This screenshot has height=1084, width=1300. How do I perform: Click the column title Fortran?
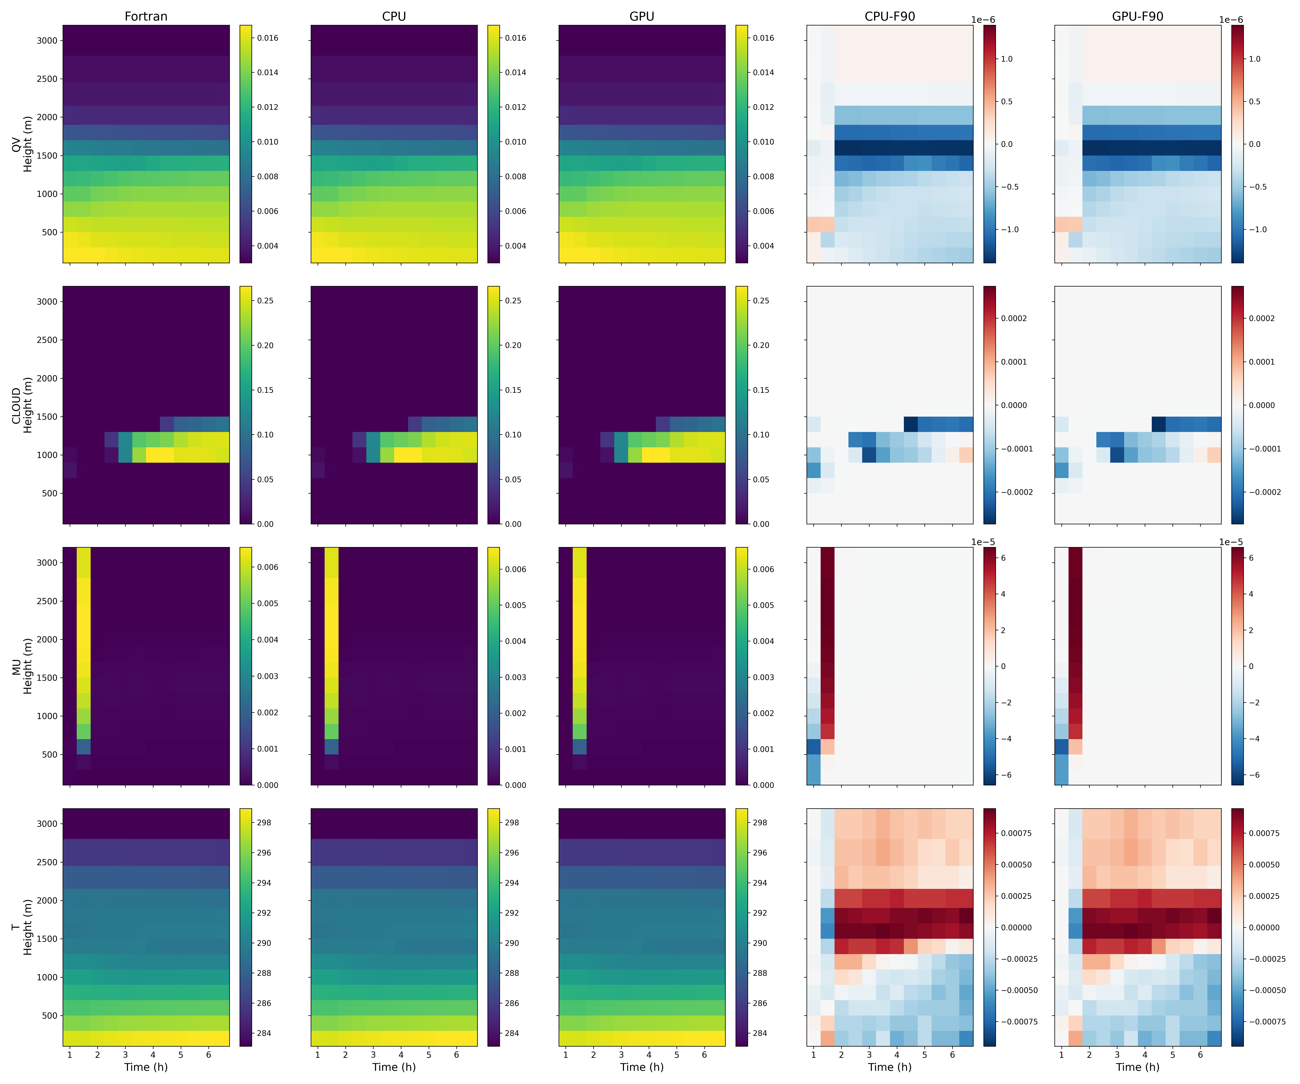[146, 16]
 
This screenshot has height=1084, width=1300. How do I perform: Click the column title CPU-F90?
[890, 16]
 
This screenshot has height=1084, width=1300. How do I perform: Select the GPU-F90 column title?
[1138, 16]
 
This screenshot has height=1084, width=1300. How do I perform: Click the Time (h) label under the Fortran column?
[146, 1067]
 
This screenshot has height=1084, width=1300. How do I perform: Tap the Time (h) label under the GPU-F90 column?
[1138, 1067]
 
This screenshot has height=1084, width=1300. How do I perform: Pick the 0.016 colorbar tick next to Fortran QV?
[268, 38]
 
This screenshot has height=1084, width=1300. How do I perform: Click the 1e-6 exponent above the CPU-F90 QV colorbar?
[983, 20]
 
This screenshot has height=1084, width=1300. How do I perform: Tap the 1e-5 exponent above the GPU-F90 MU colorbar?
[1231, 542]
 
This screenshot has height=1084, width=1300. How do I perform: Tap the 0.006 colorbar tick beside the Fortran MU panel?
[268, 567]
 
